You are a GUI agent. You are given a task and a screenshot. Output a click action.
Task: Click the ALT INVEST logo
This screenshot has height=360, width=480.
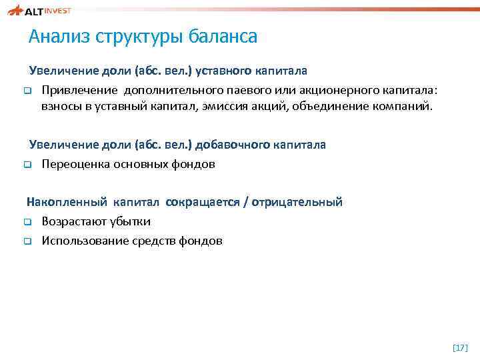[x=47, y=11]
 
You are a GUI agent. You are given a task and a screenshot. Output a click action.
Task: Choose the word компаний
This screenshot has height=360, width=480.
[x=409, y=106]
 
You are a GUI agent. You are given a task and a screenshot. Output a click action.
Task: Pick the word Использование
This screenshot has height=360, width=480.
[x=82, y=241]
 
